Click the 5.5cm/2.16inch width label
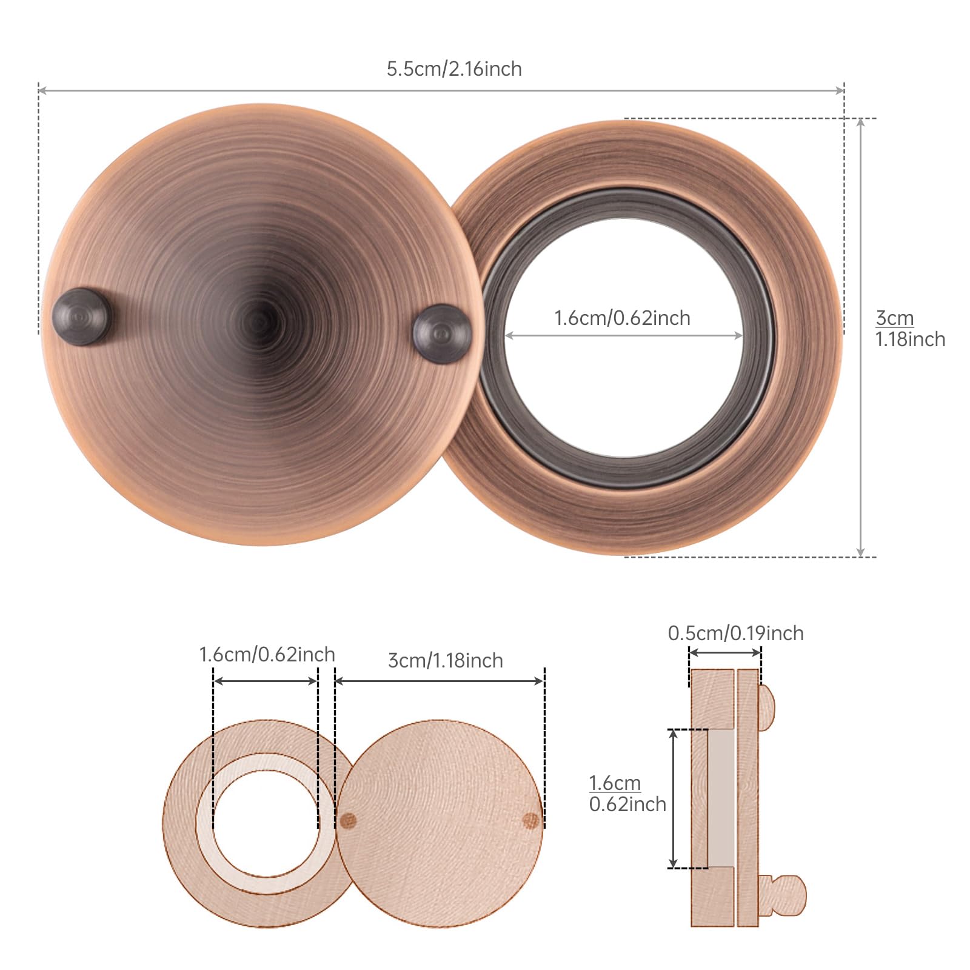(454, 69)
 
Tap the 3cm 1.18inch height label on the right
(910, 329)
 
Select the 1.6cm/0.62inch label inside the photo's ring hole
(623, 318)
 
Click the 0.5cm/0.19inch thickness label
(735, 634)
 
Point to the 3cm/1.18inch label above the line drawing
(446, 660)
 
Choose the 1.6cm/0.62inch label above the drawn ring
(267, 655)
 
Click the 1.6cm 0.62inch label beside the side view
(627, 794)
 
